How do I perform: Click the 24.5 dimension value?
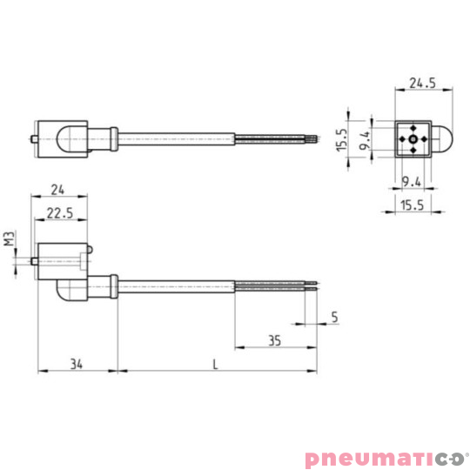422,83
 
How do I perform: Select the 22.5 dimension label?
60,213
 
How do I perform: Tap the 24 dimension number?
57,190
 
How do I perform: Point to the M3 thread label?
10,238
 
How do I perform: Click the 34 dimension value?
77,364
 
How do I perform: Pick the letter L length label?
215,364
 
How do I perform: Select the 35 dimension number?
274,341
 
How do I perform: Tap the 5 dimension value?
334,317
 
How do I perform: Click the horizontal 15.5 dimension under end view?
413,205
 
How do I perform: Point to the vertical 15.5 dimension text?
342,140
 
